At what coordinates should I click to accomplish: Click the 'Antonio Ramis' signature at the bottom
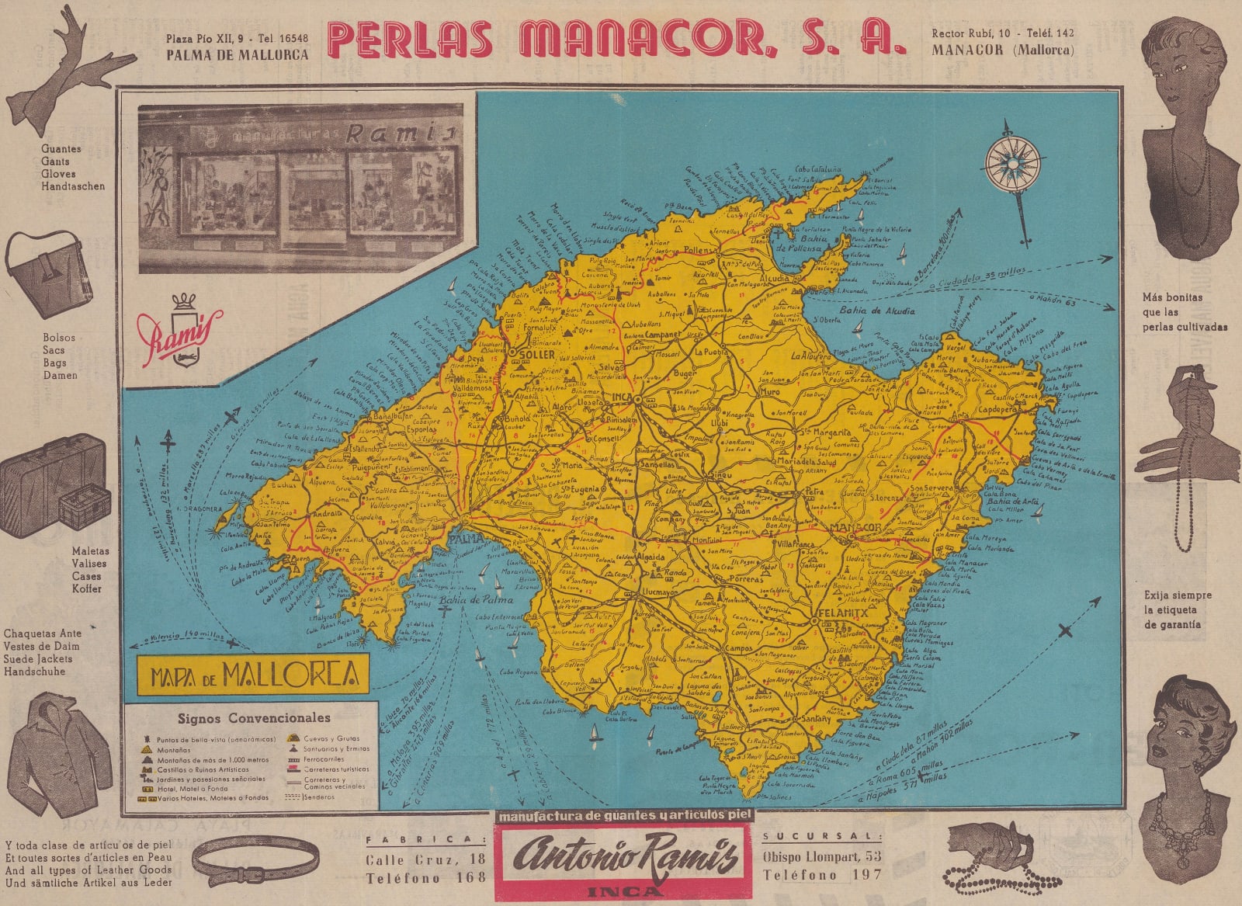pos(624,859)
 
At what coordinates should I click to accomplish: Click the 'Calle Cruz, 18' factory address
pos(426,859)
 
